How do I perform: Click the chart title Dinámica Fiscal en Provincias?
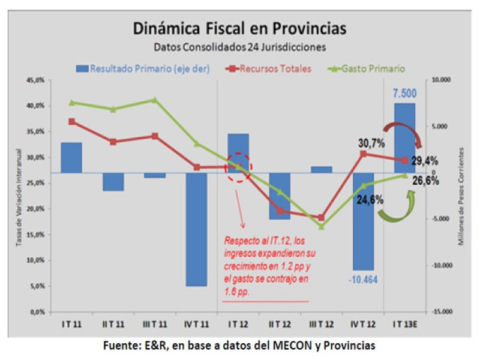239,28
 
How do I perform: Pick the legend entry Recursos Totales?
271,68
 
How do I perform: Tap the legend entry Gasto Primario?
367,68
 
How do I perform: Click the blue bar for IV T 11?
196,229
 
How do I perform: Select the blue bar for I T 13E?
404,138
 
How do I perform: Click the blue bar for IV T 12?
363,221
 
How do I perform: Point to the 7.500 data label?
404,94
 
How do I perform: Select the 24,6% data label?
370,200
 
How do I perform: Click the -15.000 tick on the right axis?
443,312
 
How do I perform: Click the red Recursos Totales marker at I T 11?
71,121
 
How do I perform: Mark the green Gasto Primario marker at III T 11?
155,100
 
